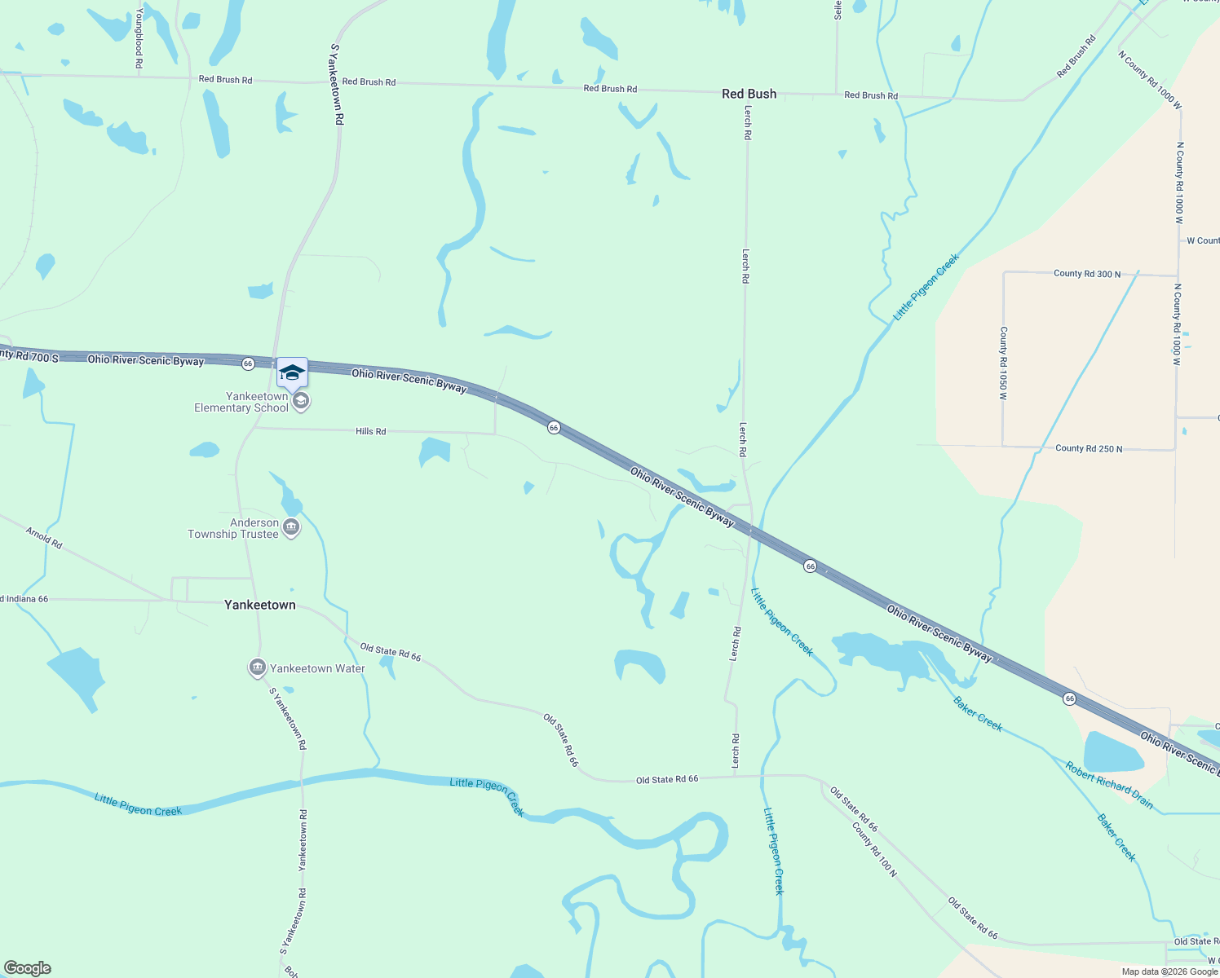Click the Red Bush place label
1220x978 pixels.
point(749,94)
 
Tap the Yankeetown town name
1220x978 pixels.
point(260,605)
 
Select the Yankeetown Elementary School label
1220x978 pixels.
point(241,403)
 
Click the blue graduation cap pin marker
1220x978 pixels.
point(292,373)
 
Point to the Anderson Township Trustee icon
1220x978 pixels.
point(291,529)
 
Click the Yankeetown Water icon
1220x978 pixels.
point(258,668)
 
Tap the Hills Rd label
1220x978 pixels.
point(371,431)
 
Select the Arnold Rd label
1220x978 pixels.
point(44,538)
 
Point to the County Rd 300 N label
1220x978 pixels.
point(1087,274)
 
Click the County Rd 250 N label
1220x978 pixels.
point(1089,448)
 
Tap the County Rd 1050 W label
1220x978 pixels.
point(1004,363)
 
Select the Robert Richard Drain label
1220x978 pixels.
point(1109,785)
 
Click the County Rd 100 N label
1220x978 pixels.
point(874,849)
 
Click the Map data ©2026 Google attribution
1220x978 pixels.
point(1169,971)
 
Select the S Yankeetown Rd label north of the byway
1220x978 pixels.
point(337,84)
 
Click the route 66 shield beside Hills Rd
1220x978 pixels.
point(554,428)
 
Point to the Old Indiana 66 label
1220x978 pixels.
point(24,599)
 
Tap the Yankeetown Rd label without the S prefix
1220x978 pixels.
point(303,840)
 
